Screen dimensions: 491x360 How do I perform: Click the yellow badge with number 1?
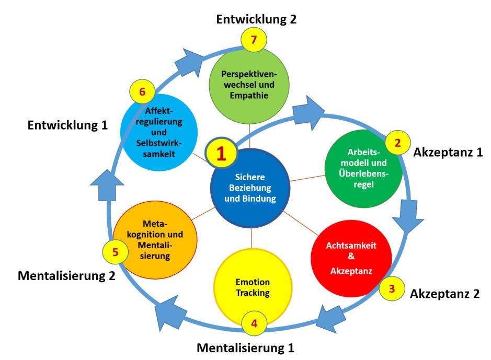221,153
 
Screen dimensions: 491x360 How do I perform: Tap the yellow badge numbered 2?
398,143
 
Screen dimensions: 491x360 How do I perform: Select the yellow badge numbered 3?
392,289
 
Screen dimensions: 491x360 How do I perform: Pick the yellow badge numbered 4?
254,323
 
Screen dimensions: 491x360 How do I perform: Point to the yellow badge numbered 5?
115,252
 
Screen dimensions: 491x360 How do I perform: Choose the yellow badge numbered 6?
142,91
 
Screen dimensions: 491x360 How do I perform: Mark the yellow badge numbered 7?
254,40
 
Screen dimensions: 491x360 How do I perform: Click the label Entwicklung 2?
256,19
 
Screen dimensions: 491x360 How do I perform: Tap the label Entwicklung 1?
67,125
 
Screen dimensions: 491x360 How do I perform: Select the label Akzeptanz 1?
448,153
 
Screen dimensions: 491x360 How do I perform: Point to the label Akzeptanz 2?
445,294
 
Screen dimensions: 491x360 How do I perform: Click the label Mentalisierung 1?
246,348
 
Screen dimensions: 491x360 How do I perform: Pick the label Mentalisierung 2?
67,276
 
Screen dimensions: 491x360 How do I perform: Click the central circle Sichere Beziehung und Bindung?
250,188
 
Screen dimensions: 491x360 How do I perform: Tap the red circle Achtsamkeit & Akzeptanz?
351,258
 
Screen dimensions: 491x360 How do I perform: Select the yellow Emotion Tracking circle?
253,287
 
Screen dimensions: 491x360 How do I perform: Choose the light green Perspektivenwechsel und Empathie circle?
249,85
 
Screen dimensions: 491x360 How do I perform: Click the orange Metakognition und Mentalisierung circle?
155,240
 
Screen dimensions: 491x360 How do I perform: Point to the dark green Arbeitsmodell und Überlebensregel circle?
363,168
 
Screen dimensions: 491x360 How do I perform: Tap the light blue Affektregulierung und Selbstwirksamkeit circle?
159,132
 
